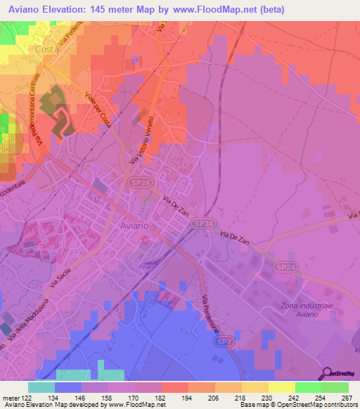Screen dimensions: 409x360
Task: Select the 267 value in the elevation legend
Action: (347, 398)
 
